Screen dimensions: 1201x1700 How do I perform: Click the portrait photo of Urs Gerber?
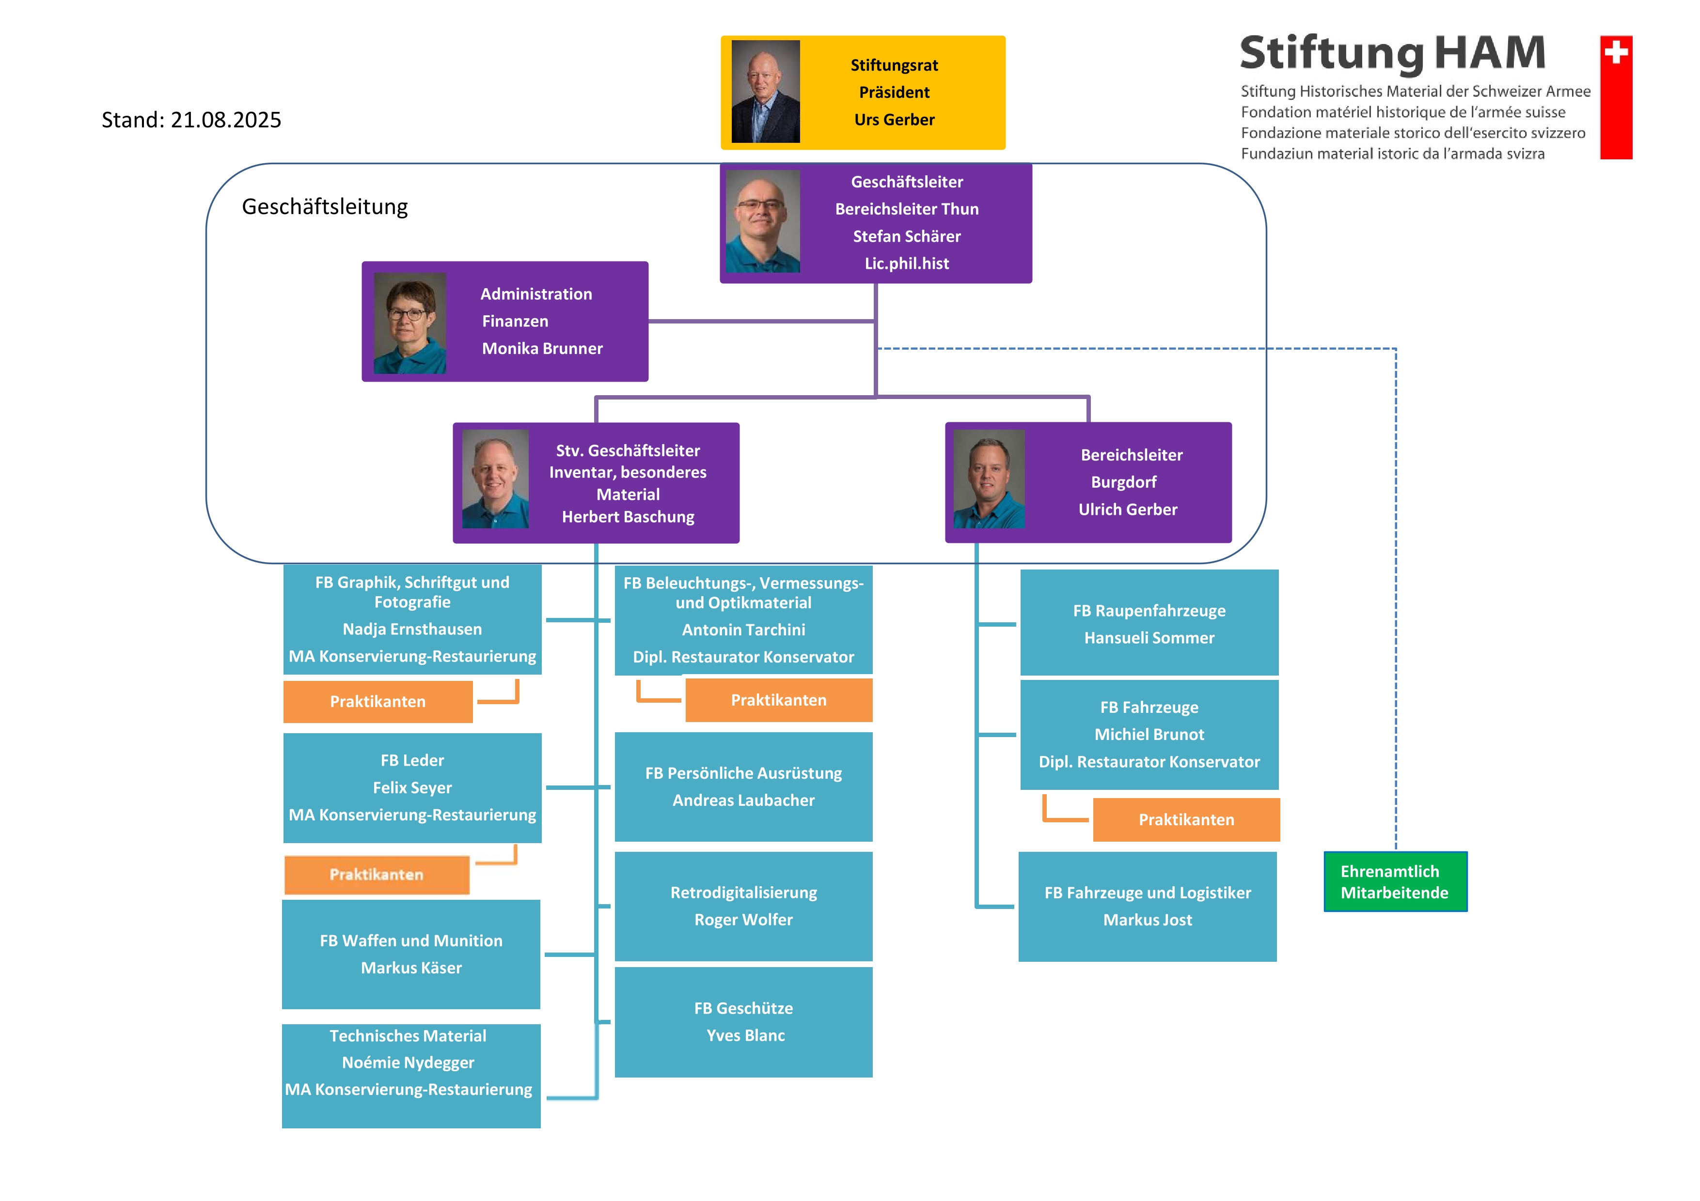[x=766, y=91]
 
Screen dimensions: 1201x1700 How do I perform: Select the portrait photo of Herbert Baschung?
[x=495, y=479]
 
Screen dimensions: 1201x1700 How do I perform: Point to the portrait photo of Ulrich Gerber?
[x=989, y=479]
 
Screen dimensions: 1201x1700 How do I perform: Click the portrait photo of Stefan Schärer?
[x=763, y=221]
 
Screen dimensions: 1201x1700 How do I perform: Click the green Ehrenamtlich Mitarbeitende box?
[x=1395, y=881]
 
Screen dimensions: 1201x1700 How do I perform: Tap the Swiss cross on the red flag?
[x=1616, y=52]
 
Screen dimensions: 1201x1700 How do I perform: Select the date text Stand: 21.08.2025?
[x=191, y=120]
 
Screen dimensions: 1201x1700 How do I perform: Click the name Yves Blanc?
[x=745, y=1035]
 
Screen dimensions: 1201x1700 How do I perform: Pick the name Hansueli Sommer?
[x=1149, y=638]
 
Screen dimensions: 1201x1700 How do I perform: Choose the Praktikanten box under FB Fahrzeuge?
[x=1186, y=820]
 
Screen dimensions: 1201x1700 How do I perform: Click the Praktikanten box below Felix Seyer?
[x=377, y=875]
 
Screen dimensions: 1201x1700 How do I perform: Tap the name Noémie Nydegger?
[x=408, y=1062]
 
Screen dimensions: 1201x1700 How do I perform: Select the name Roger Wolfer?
[x=743, y=920]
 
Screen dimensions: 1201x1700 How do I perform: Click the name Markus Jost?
[x=1148, y=920]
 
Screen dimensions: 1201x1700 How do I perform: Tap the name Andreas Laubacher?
[x=743, y=800]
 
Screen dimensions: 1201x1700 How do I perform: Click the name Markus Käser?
[x=411, y=968]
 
